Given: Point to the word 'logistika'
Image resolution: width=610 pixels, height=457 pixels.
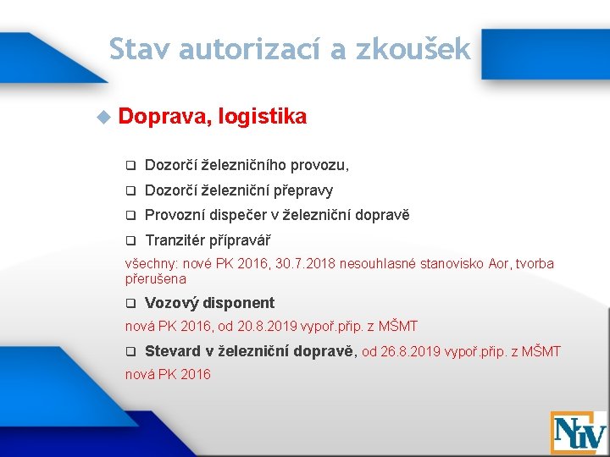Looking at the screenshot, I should [262, 117].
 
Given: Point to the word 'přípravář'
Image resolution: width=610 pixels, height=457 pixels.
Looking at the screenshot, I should [243, 240].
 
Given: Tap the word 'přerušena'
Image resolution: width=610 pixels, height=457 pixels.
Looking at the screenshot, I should [156, 278].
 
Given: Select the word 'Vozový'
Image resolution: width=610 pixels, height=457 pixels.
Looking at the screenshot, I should [172, 302].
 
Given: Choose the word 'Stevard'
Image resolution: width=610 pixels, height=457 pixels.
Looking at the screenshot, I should [173, 350].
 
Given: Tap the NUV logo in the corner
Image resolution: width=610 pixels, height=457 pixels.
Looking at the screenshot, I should [578, 432].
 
